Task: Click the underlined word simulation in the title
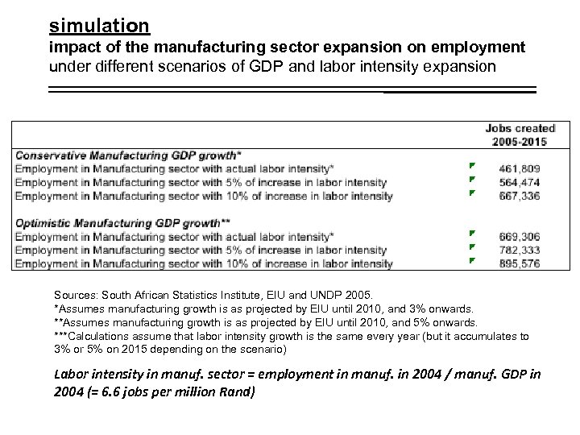point(99,26)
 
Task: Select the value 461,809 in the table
point(520,169)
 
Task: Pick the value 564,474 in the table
point(520,182)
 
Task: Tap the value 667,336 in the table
point(520,195)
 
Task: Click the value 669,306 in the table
point(520,237)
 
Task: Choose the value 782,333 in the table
point(520,250)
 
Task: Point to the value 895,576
point(520,263)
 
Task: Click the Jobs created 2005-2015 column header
point(520,135)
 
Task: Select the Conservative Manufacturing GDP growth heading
point(128,155)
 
